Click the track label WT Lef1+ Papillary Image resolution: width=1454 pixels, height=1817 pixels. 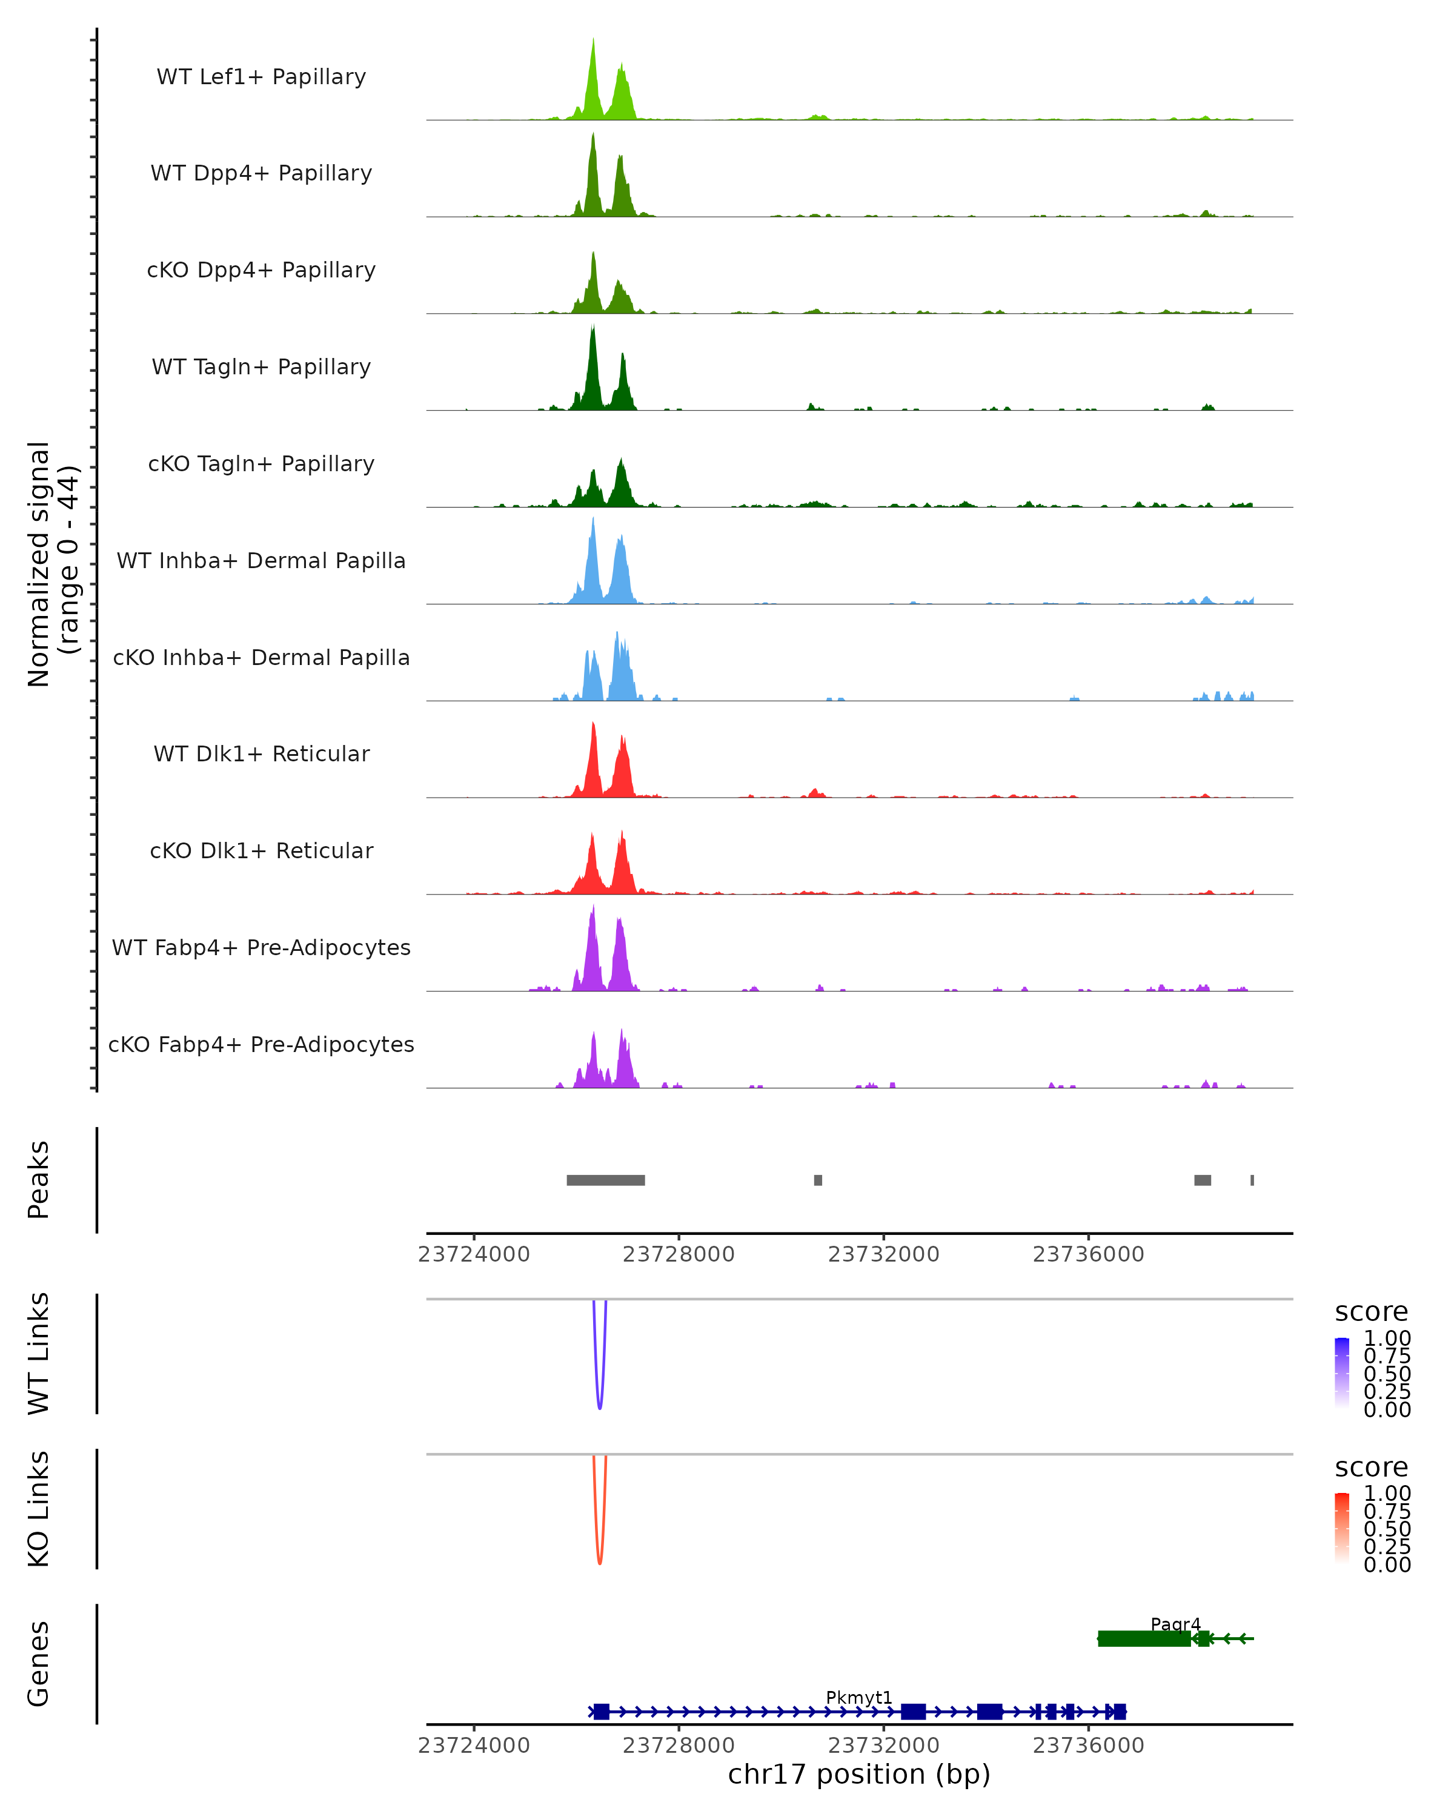(x=261, y=78)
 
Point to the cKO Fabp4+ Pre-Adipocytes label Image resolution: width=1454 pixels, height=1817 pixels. (x=261, y=1045)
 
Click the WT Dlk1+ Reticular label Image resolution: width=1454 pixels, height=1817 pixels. (x=261, y=754)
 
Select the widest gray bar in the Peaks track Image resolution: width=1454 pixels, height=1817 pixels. (x=605, y=1180)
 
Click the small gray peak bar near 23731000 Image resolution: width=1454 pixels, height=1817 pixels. (x=818, y=1180)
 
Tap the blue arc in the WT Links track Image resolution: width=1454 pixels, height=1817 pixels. (x=599, y=1399)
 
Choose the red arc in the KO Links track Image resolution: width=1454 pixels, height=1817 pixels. (x=599, y=1555)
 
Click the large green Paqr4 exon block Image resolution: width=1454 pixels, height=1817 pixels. (x=1144, y=1638)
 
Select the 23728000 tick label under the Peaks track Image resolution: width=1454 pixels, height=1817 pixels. (x=679, y=1255)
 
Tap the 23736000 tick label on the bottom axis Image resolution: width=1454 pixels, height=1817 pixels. (x=1088, y=1746)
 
